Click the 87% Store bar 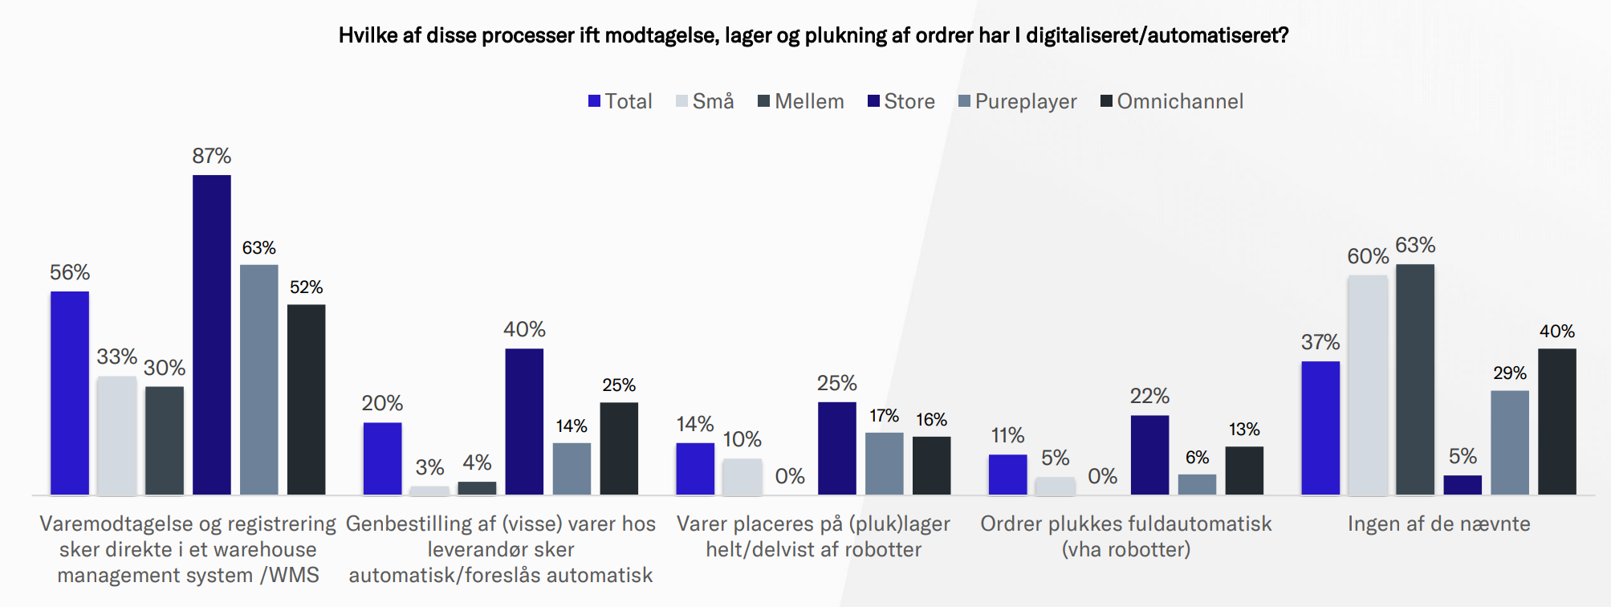pos(212,334)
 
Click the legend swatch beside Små pos(682,101)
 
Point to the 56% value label pos(70,273)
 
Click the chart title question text pos(813,35)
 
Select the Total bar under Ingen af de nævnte pos(1320,427)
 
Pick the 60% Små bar pos(1368,385)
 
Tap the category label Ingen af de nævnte pos(1438,524)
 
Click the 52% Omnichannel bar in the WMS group pos(307,399)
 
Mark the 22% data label pos(1149,396)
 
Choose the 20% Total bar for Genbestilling pos(382,458)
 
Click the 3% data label pos(429,467)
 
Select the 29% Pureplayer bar pos(1510,442)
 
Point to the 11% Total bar pos(1007,474)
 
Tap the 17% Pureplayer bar pos(884,463)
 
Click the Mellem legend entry pos(801,102)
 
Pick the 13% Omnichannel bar pos(1244,470)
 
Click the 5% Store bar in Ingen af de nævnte pos(1463,484)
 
